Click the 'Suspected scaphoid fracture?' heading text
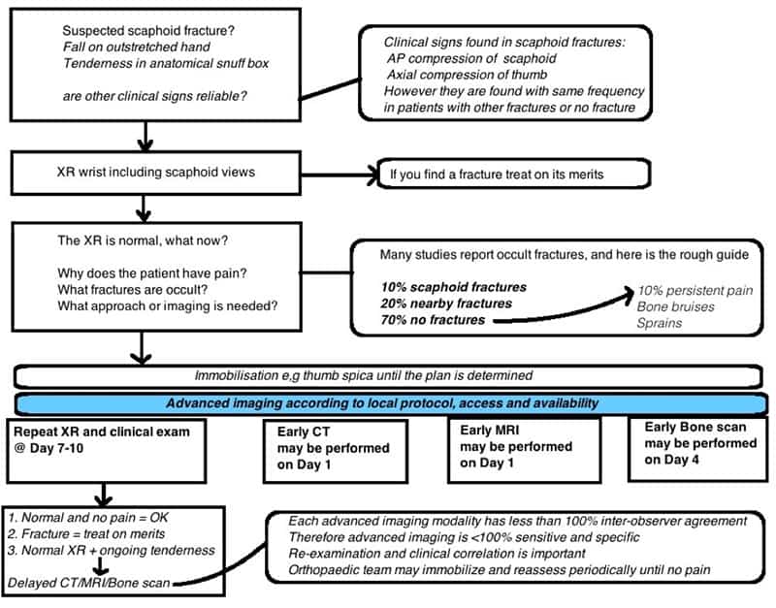click(148, 31)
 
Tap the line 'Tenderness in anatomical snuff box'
click(166, 63)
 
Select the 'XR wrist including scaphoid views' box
click(156, 173)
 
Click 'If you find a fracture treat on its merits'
click(497, 175)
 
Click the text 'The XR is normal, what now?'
click(143, 240)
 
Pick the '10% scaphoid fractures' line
click(453, 287)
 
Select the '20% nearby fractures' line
click(446, 304)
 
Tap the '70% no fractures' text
click(433, 320)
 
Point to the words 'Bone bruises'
click(675, 306)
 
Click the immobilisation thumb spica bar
click(389, 376)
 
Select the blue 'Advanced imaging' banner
click(392, 403)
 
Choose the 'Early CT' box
click(336, 451)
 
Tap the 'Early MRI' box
click(525, 450)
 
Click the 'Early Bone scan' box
click(697, 448)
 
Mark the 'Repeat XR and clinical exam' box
click(107, 451)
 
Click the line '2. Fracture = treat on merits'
click(86, 534)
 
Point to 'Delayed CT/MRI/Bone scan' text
click(89, 583)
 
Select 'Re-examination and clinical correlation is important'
click(436, 554)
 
